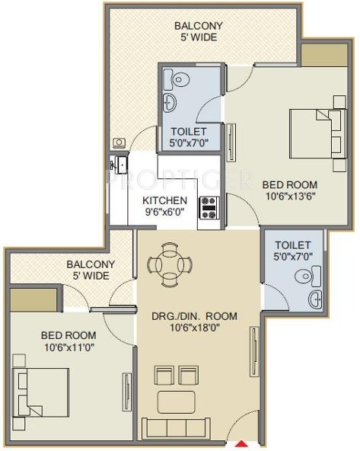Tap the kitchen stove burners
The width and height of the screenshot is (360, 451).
[209, 208]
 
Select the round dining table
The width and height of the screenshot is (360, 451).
[170, 264]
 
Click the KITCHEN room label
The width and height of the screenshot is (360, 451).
[164, 200]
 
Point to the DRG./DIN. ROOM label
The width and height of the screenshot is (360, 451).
[195, 316]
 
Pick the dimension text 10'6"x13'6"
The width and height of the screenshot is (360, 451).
[291, 197]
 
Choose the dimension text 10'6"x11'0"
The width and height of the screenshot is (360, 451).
[69, 347]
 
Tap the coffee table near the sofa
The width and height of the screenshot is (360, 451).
[177, 402]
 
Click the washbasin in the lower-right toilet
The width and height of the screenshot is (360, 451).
[315, 299]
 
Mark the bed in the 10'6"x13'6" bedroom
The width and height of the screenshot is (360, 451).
[318, 133]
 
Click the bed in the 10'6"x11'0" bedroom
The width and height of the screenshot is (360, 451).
[40, 392]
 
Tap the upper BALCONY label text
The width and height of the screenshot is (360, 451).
[199, 26]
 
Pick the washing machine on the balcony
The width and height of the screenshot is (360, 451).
[119, 143]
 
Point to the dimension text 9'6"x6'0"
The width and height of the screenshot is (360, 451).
[164, 212]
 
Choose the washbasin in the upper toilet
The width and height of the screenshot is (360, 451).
[170, 102]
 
